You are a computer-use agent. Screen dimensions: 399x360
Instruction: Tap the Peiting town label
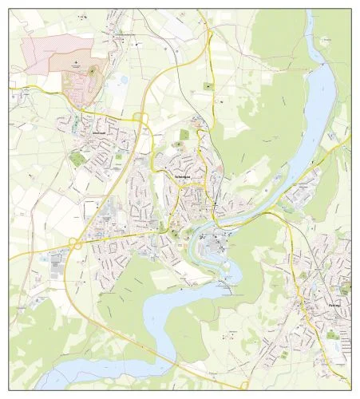333,304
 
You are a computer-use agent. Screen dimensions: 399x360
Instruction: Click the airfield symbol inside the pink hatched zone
76,61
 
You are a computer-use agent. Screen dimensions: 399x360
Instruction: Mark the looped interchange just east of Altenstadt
142,118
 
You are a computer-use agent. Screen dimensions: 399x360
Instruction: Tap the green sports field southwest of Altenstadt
77,158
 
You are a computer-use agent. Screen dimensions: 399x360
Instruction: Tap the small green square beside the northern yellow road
209,85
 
